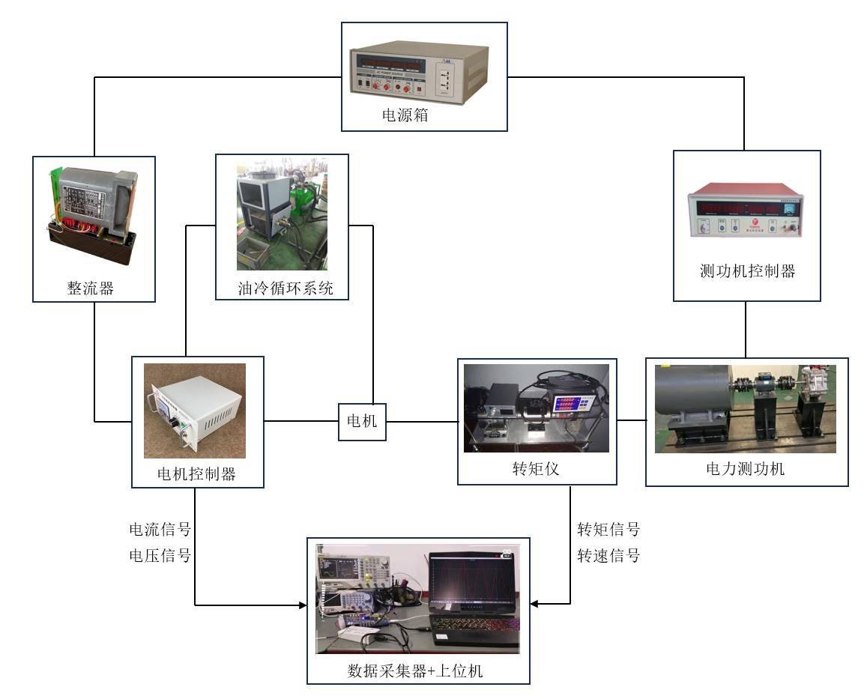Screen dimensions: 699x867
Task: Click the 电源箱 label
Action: pos(405,116)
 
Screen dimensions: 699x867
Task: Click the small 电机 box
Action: pos(363,422)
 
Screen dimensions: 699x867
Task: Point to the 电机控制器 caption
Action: pos(196,473)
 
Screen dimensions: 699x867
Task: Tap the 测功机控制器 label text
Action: pos(747,271)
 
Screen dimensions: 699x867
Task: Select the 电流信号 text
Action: pos(160,530)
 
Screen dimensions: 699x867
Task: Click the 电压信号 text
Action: pos(160,555)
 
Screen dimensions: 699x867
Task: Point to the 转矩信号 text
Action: pos(608,530)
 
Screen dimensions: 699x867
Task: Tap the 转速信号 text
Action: pos(608,555)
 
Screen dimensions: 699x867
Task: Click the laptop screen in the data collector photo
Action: pos(470,581)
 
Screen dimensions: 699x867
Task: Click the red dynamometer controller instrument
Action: pos(745,214)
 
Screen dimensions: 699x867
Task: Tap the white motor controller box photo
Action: pos(195,411)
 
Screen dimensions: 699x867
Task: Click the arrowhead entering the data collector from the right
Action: pos(534,604)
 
